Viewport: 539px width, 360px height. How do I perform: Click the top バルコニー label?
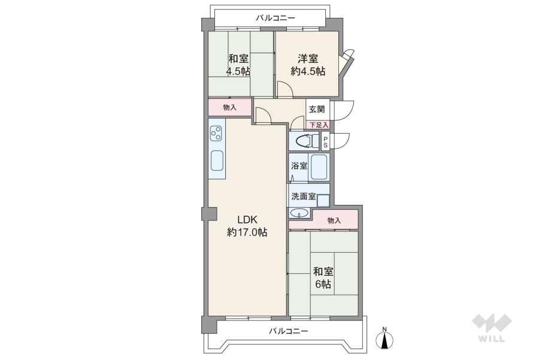point(275,18)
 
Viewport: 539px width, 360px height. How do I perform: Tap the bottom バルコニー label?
point(289,331)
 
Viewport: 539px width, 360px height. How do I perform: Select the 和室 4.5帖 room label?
point(238,65)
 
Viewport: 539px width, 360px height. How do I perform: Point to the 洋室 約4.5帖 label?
point(308,65)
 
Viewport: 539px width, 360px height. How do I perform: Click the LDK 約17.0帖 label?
point(247,226)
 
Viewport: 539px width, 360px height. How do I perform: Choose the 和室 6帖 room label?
point(323,278)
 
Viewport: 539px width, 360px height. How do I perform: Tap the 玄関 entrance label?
point(317,110)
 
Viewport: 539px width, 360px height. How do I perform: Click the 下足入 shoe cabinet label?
point(319,125)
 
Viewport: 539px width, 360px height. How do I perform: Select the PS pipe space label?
point(325,141)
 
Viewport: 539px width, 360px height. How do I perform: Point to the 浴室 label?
point(299,166)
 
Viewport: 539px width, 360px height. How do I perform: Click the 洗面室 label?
point(304,196)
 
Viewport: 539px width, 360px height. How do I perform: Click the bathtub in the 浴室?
point(320,167)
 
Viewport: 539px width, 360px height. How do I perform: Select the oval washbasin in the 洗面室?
point(299,213)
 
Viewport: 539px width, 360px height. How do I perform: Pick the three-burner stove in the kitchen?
point(216,133)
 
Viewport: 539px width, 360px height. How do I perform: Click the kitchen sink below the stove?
point(217,161)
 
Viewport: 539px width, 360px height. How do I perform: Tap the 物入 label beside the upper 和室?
point(229,108)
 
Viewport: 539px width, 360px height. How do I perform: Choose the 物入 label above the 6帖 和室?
point(334,220)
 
